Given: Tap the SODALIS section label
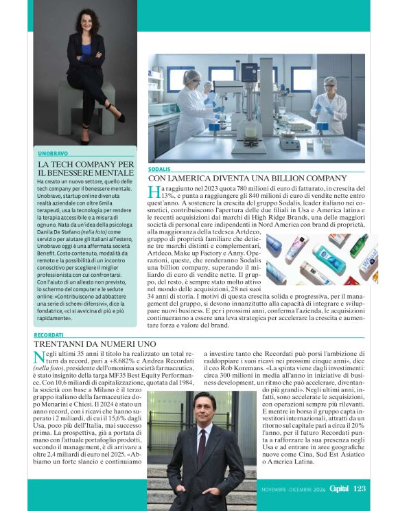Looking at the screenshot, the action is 159,168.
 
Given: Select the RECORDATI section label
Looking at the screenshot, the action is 48,334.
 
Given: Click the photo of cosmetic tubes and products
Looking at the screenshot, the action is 322,260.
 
